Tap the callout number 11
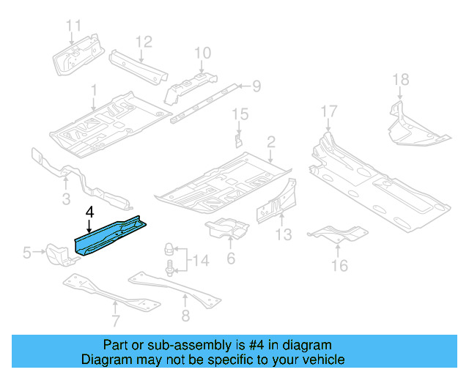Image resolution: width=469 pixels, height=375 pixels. click(x=73, y=26)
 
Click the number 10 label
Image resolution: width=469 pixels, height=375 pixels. click(x=202, y=52)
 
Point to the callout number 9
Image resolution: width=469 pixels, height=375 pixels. click(x=256, y=87)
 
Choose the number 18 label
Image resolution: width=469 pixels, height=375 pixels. click(x=399, y=80)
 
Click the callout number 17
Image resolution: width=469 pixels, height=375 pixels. click(x=329, y=111)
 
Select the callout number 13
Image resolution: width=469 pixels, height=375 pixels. click(x=284, y=234)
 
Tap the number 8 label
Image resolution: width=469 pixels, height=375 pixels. click(x=185, y=316)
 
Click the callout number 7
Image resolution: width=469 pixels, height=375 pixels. click(x=115, y=320)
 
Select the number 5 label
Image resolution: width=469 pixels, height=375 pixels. click(x=27, y=253)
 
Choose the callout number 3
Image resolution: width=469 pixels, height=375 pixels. click(x=65, y=199)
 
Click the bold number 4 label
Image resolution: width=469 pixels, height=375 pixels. click(x=89, y=212)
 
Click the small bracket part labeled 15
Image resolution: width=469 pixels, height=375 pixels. click(x=238, y=139)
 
